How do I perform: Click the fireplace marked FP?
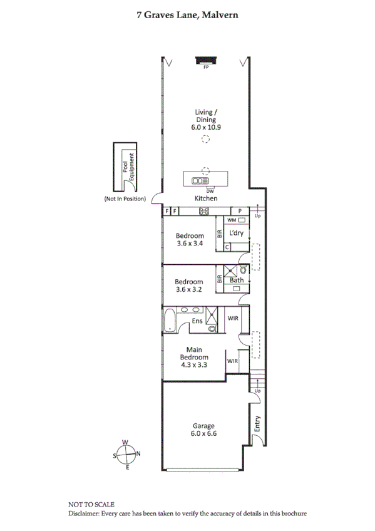click(x=205, y=60)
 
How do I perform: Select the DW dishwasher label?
click(x=210, y=190)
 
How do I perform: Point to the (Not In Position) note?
click(x=125, y=199)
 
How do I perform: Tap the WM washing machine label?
click(x=231, y=220)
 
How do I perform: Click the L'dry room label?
click(x=236, y=234)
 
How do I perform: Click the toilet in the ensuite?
click(x=212, y=327)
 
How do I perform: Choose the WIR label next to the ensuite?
click(x=233, y=319)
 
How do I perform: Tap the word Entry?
click(x=257, y=425)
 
